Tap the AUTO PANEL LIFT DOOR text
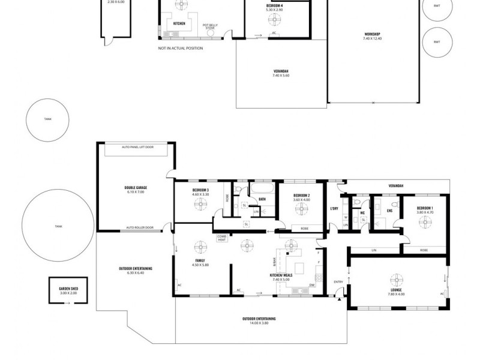tap(137, 147)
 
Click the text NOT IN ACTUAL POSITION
tap(181, 48)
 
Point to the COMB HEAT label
tap(221, 238)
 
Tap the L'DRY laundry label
tap(335, 209)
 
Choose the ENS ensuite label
tap(389, 211)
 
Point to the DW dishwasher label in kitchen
tap(312, 285)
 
